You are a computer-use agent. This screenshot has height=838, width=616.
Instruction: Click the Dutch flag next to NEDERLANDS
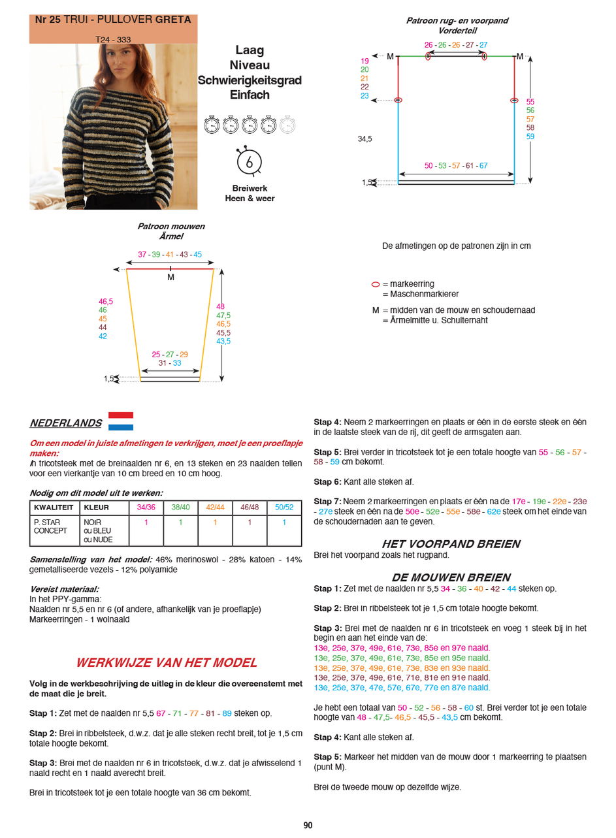click(x=120, y=421)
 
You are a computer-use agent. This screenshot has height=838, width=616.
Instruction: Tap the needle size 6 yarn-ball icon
click(x=249, y=161)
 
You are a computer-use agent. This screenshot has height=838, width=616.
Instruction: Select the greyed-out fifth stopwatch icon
click(x=287, y=124)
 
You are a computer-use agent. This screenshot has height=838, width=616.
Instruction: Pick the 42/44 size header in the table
click(x=215, y=508)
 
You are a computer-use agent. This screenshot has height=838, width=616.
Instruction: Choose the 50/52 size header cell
click(x=284, y=508)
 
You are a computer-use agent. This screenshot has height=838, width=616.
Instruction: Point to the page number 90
click(x=308, y=825)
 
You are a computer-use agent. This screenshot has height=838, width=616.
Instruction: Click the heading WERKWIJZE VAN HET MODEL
click(x=167, y=662)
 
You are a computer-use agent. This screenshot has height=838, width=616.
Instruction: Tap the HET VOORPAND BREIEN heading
click(x=451, y=544)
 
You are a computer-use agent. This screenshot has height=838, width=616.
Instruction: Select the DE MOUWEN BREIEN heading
click(x=451, y=577)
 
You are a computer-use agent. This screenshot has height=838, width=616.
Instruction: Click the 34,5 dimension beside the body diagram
click(x=365, y=139)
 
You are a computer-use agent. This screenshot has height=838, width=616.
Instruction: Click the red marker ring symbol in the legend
click(x=376, y=285)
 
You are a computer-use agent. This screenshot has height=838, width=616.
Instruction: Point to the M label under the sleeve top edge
click(x=170, y=278)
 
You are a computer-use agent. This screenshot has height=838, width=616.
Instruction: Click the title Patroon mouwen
click(x=170, y=227)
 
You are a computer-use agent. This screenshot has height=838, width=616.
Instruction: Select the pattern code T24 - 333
click(x=113, y=39)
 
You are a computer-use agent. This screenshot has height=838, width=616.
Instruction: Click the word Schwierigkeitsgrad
click(x=250, y=80)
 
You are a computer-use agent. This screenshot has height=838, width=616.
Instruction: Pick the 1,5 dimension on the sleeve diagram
click(x=109, y=379)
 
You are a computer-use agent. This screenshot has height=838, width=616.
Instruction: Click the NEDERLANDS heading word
click(x=65, y=423)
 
